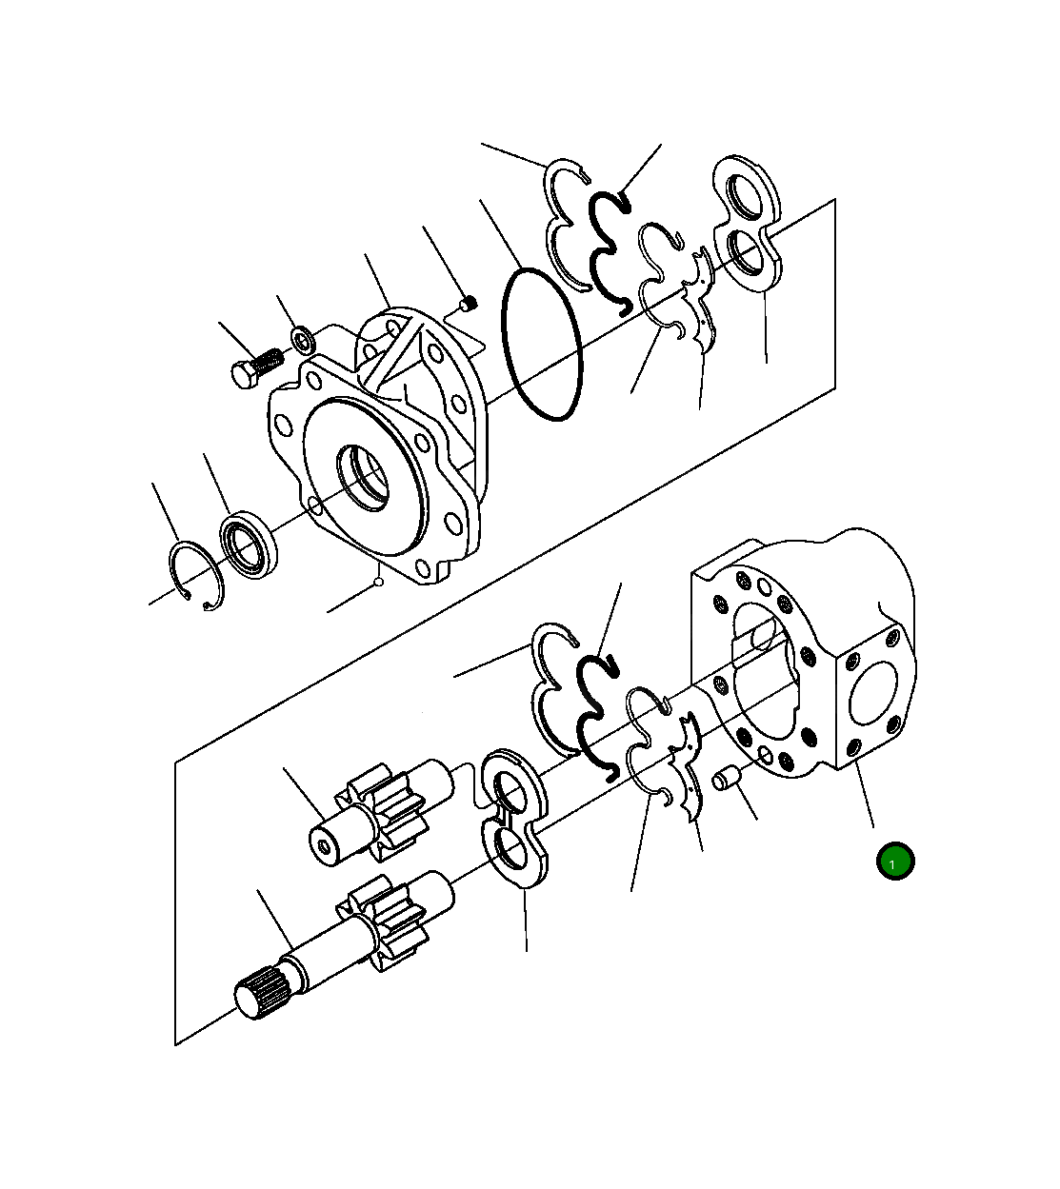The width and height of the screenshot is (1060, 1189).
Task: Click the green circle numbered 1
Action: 894,862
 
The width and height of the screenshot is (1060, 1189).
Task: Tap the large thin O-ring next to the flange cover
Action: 542,345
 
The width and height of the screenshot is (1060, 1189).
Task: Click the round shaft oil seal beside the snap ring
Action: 250,545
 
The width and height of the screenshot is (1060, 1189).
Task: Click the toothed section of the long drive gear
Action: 390,923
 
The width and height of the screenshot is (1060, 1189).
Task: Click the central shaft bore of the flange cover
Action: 365,476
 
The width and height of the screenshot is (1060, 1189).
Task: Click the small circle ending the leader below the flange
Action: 378,581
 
